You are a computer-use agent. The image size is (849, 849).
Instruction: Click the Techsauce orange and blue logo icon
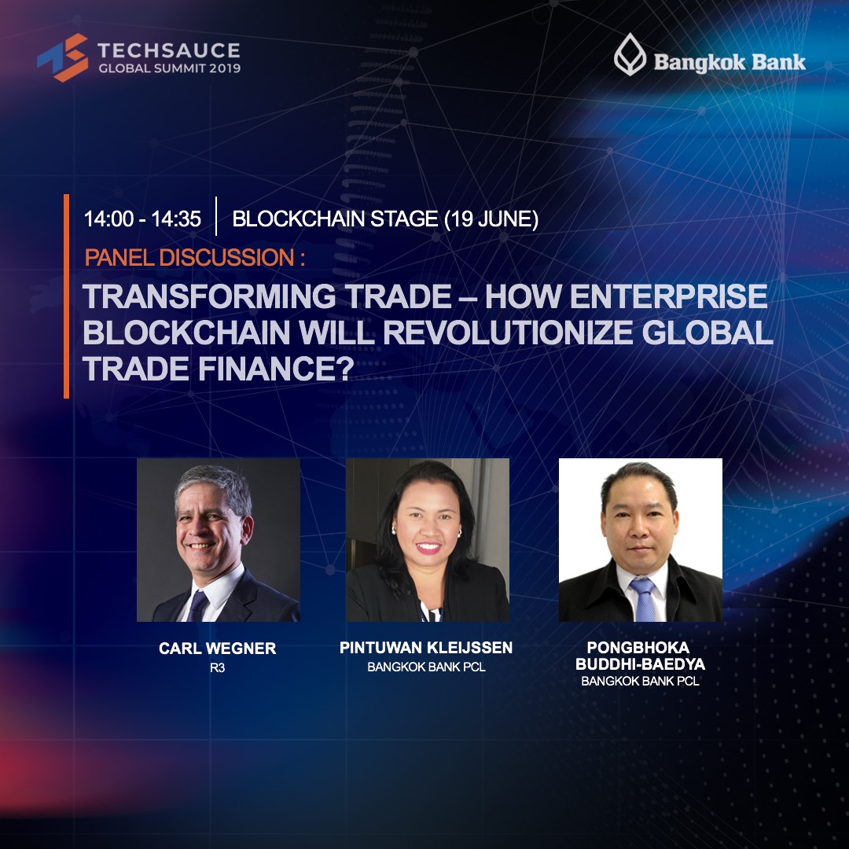tap(63, 57)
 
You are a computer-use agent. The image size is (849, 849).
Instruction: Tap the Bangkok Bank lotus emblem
tap(630, 55)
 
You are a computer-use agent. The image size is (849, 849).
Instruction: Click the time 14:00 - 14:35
tap(142, 219)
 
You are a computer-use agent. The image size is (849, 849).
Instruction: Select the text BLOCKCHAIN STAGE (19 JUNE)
tap(385, 219)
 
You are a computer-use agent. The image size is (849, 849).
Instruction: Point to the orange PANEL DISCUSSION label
tap(195, 257)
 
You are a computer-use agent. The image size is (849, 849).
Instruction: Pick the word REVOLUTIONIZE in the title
tap(509, 333)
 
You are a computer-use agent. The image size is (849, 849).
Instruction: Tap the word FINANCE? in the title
tap(276, 369)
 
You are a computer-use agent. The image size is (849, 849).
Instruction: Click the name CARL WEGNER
tap(218, 648)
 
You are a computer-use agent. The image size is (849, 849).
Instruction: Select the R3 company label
tap(218, 668)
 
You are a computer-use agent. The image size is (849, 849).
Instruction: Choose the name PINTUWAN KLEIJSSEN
tap(426, 648)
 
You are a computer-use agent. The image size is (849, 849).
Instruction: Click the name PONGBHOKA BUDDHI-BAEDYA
tap(640, 656)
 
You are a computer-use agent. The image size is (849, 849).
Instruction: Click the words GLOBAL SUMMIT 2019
tap(170, 68)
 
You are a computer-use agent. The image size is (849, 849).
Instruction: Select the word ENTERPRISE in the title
tap(669, 296)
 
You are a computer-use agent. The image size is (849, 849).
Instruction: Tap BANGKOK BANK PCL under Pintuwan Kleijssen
tap(426, 667)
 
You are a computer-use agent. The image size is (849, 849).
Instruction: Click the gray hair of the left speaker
tap(213, 485)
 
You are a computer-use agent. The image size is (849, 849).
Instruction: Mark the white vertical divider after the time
tap(216, 217)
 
